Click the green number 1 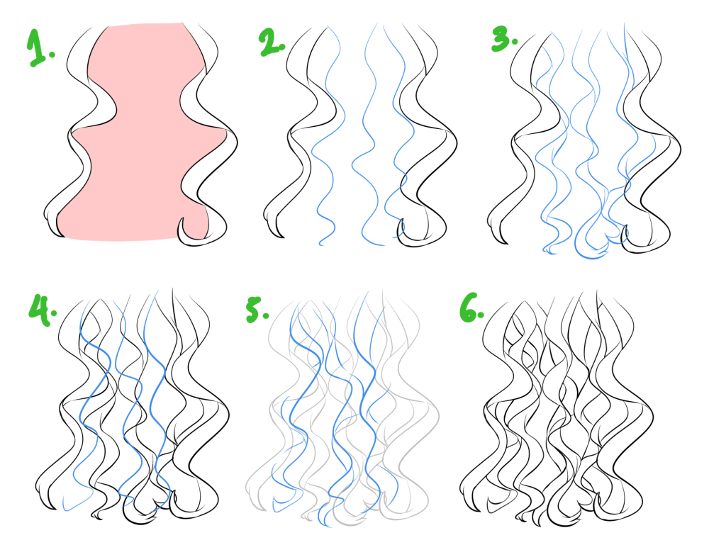37,47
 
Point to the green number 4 40,309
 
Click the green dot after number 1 52,55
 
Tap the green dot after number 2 283,46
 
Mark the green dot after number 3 515,41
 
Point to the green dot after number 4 54,313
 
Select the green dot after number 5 266,315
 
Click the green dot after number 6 481,314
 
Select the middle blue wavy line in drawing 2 367,135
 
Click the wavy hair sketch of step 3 584,140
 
